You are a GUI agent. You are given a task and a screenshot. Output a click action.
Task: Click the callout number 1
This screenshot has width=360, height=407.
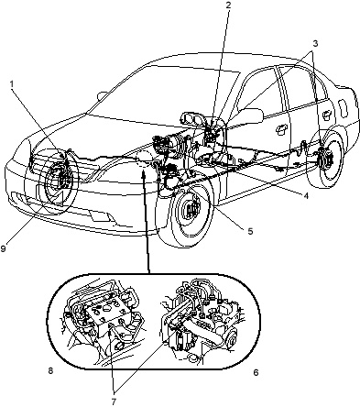pyautogui.click(x=12, y=83)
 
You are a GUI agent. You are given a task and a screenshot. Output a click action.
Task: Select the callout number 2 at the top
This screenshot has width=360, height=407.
pyautogui.click(x=228, y=5)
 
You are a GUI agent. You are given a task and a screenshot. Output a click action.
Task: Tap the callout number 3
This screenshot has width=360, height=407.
pyautogui.click(x=315, y=43)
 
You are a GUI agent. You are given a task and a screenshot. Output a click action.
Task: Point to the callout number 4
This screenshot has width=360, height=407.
pyautogui.click(x=306, y=195)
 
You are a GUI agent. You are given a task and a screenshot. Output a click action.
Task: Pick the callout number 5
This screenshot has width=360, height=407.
pyautogui.click(x=250, y=231)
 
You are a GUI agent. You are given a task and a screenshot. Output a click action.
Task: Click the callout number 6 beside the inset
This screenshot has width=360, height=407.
pyautogui.click(x=256, y=372)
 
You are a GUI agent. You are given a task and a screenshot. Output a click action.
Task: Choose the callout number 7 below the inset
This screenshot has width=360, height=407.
pyautogui.click(x=114, y=401)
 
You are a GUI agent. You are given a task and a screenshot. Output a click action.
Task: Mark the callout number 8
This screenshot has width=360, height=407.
pyautogui.click(x=50, y=370)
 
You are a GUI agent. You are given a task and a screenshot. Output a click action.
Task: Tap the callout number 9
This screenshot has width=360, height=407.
pyautogui.click(x=3, y=248)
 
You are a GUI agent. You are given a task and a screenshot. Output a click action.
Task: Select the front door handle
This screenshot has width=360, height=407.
pyautogui.click(x=280, y=129)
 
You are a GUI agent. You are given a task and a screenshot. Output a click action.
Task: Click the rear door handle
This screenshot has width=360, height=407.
pyautogui.click(x=327, y=114)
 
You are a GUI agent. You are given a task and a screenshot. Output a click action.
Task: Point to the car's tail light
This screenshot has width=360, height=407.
pyautogui.click(x=344, y=108)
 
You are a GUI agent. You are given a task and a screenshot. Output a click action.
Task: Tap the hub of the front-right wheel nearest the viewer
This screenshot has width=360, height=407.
pyautogui.click(x=192, y=210)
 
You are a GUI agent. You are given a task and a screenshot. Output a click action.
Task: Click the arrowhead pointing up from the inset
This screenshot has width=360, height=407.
pyautogui.click(x=143, y=174)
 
